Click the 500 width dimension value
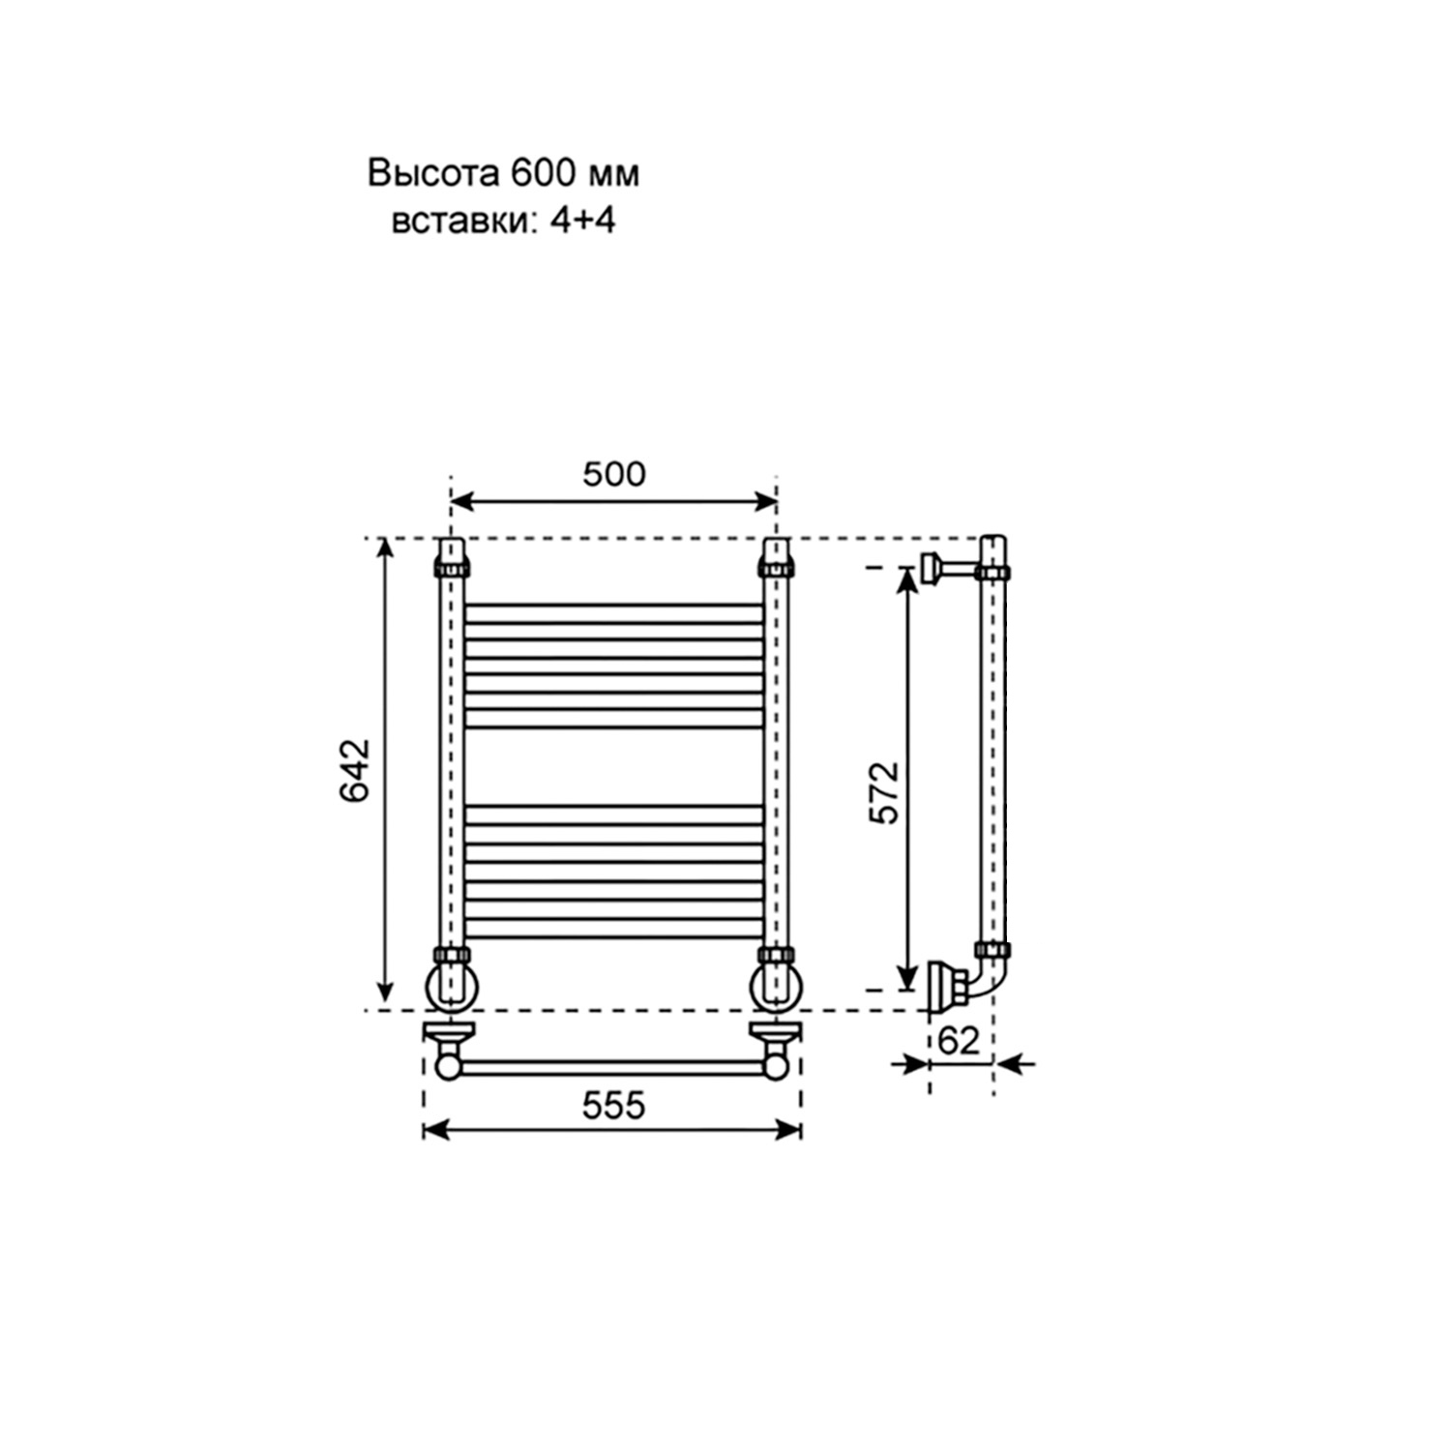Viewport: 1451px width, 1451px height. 613,474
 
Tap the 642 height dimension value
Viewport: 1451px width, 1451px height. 354,771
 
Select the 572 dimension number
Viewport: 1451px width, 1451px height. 884,793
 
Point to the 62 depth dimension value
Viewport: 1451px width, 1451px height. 960,1041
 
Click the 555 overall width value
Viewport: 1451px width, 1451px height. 613,1105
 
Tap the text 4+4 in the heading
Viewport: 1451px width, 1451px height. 582,222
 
